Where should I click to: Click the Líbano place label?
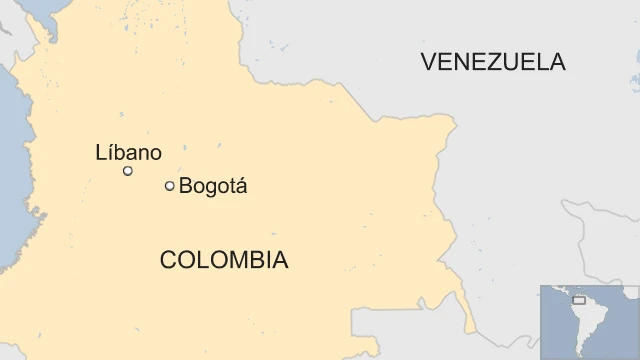click(128, 152)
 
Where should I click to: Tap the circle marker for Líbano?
click(128, 171)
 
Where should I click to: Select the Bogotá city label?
click(212, 186)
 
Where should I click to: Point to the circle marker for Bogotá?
click(169, 186)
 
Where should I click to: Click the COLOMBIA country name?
click(224, 261)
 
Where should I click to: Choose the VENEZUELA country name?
click(493, 62)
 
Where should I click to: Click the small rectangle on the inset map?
click(578, 300)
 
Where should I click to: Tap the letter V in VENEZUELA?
click(429, 62)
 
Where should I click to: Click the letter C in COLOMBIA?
click(168, 261)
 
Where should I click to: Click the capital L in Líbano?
click(100, 152)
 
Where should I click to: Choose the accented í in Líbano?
click(109, 152)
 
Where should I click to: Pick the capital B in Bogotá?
click(185, 186)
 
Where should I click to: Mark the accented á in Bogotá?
click(240, 186)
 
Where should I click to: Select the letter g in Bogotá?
click(208, 188)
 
